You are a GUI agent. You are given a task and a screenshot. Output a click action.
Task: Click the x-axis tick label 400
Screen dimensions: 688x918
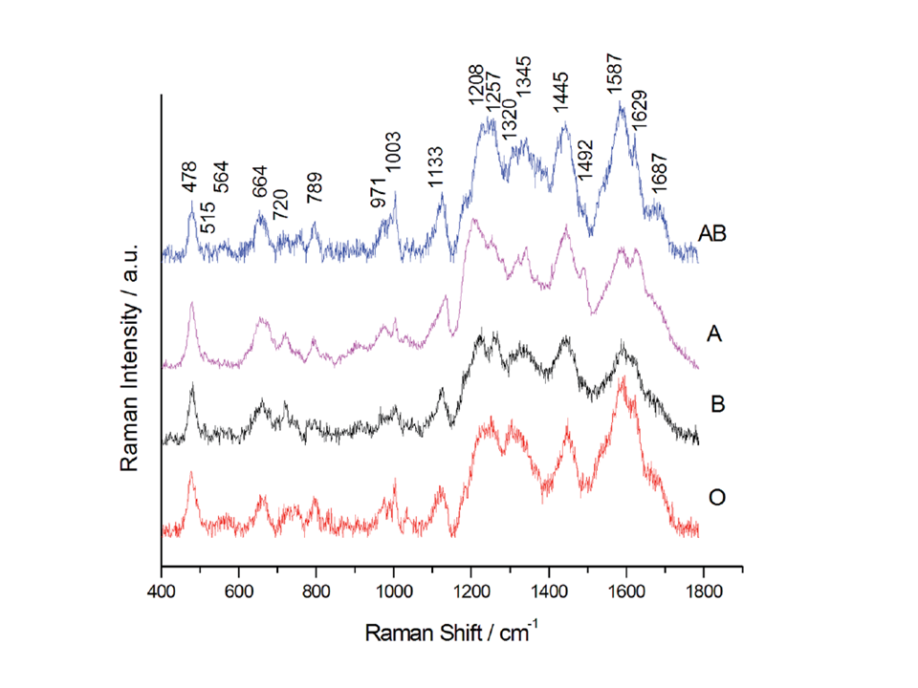click(161, 591)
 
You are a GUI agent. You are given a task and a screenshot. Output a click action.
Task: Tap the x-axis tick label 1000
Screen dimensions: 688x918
click(394, 591)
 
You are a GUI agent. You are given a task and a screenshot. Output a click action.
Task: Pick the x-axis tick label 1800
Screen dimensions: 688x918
click(705, 591)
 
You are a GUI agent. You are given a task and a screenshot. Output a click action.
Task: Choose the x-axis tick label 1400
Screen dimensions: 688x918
click(549, 591)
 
